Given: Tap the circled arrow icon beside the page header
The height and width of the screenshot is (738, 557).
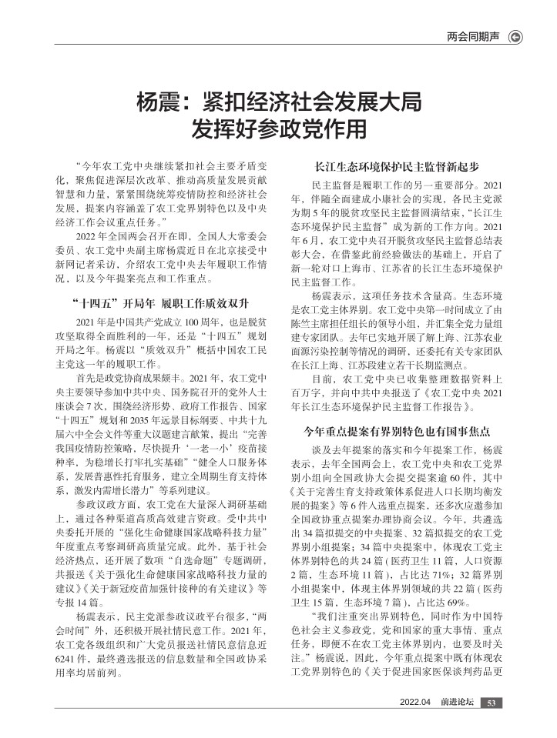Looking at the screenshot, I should coord(517,36).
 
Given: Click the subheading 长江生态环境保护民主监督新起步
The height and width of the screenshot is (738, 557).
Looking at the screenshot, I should coord(398,166).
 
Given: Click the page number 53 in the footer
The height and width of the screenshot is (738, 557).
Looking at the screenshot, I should coord(492,702).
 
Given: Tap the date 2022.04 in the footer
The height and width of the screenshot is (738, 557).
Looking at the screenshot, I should coord(414,702).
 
